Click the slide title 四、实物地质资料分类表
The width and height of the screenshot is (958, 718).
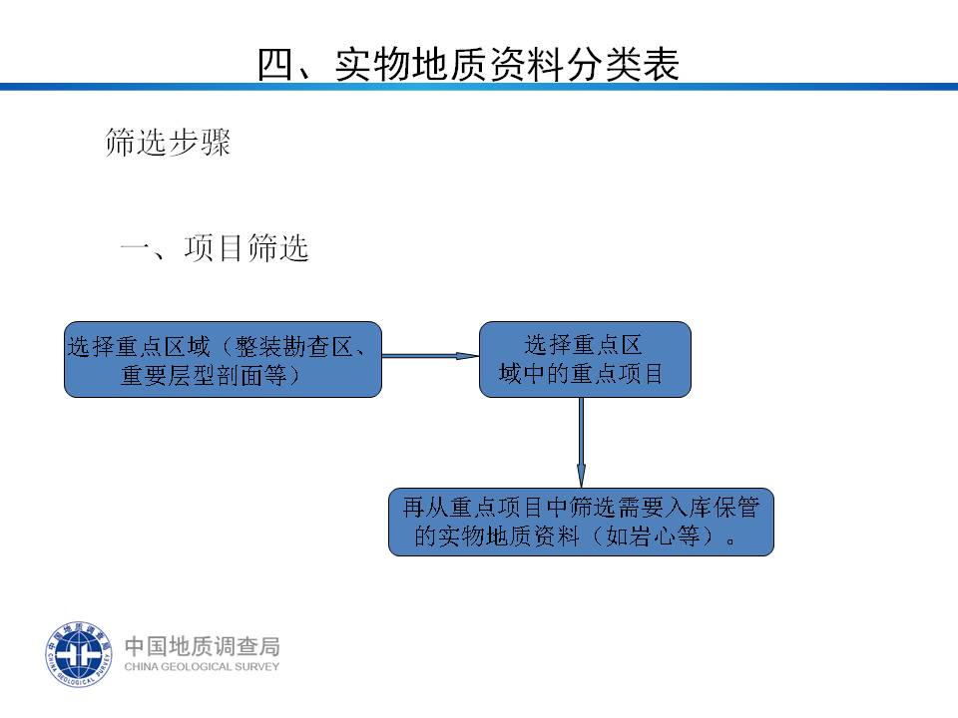468,64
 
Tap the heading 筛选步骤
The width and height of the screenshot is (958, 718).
168,142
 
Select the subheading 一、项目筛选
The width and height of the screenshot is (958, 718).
215,248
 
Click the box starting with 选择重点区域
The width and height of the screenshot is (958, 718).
223,360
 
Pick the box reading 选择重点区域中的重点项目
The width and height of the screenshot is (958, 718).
586,360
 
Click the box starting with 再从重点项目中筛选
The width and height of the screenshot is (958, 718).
581,522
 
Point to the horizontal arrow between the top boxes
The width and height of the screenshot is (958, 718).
430,355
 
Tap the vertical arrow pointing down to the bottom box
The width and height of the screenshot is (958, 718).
581,443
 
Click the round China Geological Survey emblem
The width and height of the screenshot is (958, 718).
79,654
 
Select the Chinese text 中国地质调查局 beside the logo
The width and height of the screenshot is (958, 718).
203,646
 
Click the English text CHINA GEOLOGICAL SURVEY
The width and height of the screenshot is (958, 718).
202,667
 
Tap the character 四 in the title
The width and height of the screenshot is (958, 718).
275,64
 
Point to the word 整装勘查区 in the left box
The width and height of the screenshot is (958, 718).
293,347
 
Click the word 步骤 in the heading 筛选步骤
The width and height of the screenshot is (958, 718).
200,142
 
